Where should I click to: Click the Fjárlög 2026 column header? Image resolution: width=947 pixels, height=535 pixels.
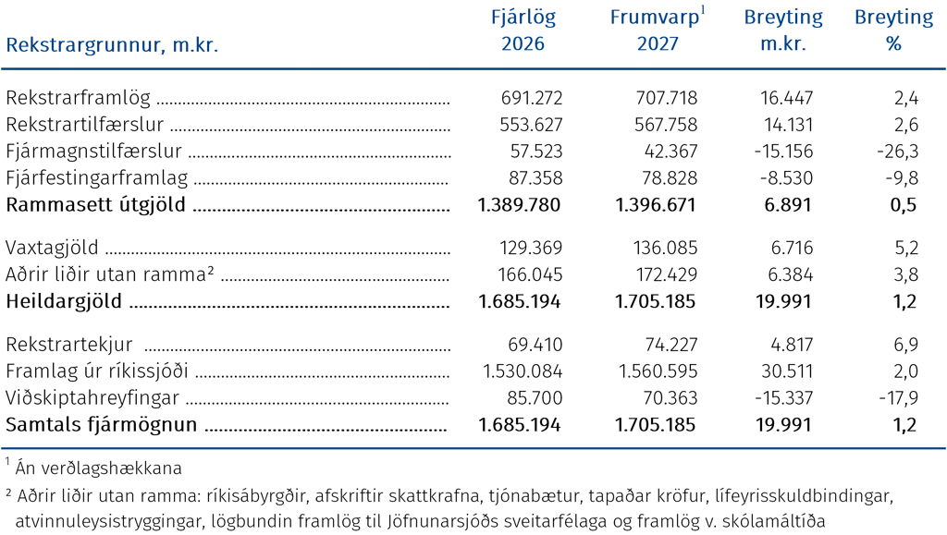click(x=523, y=30)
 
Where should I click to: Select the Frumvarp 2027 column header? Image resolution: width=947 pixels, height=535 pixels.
click(x=658, y=30)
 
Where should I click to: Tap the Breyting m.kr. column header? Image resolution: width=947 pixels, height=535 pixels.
click(x=783, y=30)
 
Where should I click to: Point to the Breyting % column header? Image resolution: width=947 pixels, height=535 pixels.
click(x=894, y=30)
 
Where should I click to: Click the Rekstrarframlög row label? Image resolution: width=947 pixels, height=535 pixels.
click(x=79, y=98)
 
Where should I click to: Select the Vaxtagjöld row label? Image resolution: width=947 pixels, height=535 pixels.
click(x=52, y=248)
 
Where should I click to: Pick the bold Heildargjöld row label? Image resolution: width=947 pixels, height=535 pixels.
click(x=64, y=301)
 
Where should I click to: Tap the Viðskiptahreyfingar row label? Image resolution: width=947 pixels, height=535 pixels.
click(x=92, y=398)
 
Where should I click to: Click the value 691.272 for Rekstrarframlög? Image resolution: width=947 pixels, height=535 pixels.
click(x=532, y=98)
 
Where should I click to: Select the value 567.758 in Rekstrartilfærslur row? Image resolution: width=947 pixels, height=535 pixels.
click(x=666, y=125)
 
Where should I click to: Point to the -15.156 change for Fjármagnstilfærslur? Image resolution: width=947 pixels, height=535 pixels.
click(x=783, y=152)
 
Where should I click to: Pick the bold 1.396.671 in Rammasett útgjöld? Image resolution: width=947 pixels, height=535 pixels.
click(x=656, y=205)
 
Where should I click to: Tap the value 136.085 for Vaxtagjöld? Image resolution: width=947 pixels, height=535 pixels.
click(x=665, y=248)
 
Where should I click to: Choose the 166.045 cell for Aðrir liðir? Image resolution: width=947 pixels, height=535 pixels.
click(x=530, y=275)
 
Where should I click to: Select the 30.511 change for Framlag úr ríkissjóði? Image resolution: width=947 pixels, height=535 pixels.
click(x=787, y=371)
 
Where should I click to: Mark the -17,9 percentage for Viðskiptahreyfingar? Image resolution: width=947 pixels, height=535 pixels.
click(x=899, y=398)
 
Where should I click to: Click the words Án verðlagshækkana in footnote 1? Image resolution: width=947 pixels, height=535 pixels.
click(x=98, y=468)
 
